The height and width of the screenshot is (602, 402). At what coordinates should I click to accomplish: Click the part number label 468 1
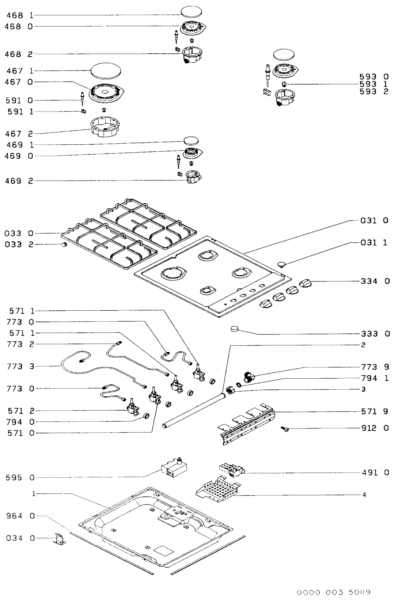(x=19, y=15)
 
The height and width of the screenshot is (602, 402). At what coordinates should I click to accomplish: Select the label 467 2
(x=19, y=134)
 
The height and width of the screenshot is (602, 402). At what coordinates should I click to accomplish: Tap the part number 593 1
(x=374, y=84)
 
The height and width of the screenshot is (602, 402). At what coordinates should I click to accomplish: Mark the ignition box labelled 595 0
(x=174, y=469)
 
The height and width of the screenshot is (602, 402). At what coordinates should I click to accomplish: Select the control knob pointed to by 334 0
(x=306, y=283)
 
